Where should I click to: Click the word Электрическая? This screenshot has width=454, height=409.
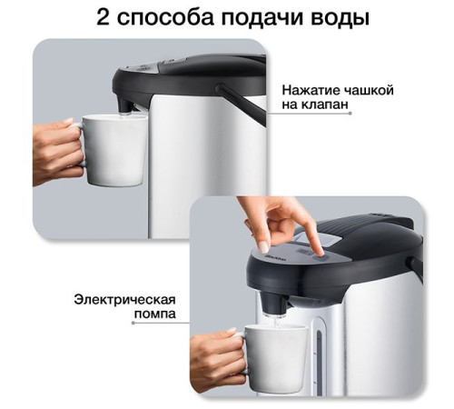coord(124,299)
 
